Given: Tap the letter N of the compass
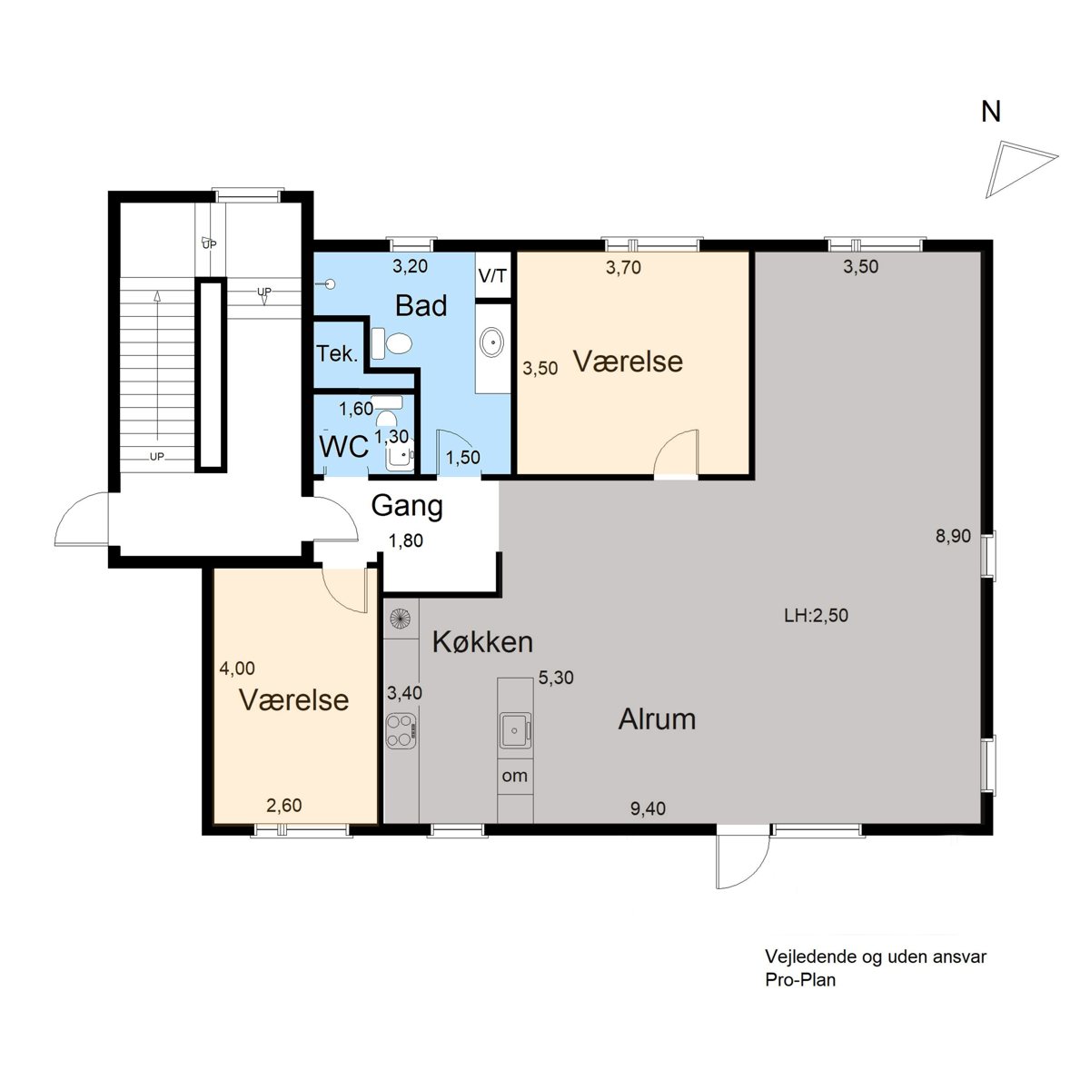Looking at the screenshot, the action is [x=990, y=112].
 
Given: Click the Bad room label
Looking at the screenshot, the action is [x=421, y=305].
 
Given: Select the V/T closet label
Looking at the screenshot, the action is [x=492, y=276].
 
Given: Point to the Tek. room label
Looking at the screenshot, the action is [x=337, y=353].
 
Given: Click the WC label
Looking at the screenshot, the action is [x=344, y=447].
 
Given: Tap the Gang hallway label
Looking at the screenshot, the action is [x=407, y=506].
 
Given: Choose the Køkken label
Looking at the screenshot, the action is [x=482, y=642].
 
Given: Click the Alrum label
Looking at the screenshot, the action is [x=657, y=719].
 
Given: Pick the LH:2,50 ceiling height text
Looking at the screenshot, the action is [x=817, y=616].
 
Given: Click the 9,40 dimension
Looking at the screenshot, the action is [x=648, y=809].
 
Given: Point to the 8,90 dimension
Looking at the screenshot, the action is [x=953, y=536].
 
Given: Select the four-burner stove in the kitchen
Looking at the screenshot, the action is [x=401, y=731].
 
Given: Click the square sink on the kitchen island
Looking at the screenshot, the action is [x=515, y=731].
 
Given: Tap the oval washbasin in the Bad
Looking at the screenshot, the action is [x=492, y=342].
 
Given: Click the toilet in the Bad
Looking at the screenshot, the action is [x=391, y=342].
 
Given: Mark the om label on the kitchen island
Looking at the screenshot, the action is [x=515, y=776].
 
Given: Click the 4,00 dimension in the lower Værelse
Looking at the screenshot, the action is [x=237, y=668].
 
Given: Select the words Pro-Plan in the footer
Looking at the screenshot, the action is [x=800, y=980].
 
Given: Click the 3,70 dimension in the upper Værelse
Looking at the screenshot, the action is [x=623, y=268].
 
